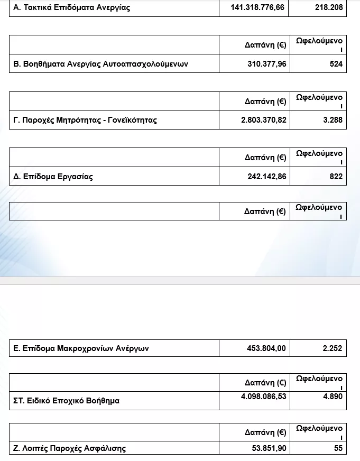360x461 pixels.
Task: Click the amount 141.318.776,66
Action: click(x=259, y=8)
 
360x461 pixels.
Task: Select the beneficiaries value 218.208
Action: click(x=329, y=8)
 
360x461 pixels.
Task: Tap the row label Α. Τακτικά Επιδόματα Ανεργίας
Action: click(x=72, y=8)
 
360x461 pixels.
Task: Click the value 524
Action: click(x=336, y=64)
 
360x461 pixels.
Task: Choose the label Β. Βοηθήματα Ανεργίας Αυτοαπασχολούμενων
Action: click(x=100, y=64)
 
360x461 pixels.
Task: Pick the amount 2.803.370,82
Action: click(x=263, y=120)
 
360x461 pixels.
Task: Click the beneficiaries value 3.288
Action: click(x=333, y=120)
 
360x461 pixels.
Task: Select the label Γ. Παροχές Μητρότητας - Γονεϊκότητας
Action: click(x=85, y=120)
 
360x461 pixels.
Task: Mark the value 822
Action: click(x=336, y=177)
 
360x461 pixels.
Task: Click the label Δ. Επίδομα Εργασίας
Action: click(x=53, y=177)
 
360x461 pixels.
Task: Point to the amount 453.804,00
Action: click(x=266, y=348)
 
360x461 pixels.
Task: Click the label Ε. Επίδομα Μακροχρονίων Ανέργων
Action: click(x=81, y=348)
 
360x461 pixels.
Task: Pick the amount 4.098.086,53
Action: click(x=263, y=397)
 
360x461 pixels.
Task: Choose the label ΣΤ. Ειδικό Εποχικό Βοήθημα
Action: click(x=67, y=401)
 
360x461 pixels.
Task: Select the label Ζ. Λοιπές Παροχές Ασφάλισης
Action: click(x=70, y=449)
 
